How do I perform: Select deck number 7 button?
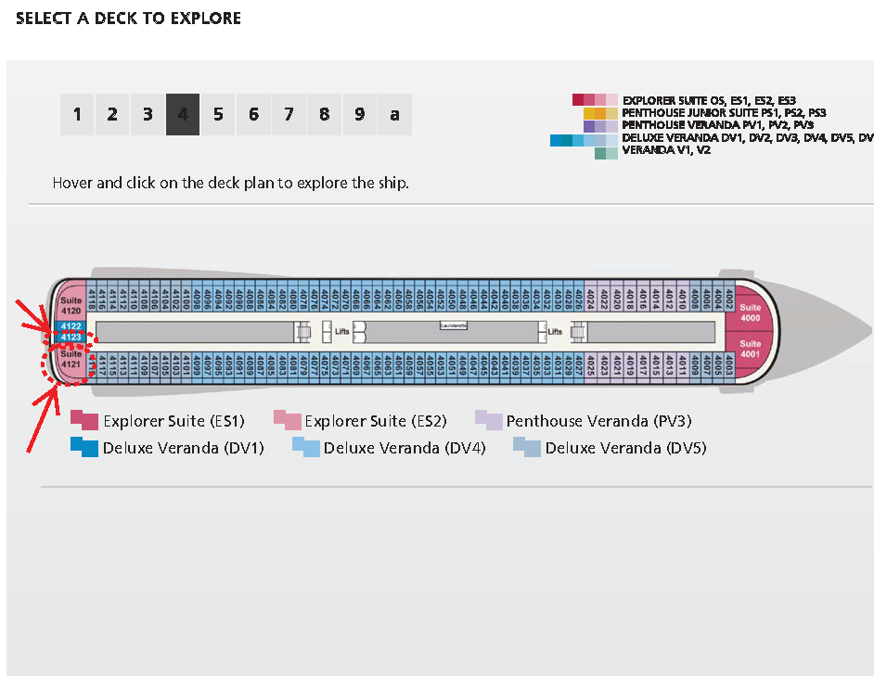pyautogui.click(x=289, y=115)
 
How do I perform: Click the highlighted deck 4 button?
pyautogui.click(x=183, y=115)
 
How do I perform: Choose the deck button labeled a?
pyautogui.click(x=394, y=115)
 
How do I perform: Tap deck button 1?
pyautogui.click(x=77, y=115)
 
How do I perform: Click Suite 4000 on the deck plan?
pyautogui.click(x=750, y=312)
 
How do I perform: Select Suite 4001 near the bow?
pyautogui.click(x=750, y=348)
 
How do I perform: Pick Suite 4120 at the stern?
pyautogui.click(x=71, y=306)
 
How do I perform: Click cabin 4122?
pyautogui.click(x=71, y=326)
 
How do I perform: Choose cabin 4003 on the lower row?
pyautogui.click(x=729, y=365)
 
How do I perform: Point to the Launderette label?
pyautogui.click(x=453, y=325)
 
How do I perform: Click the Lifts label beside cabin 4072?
pyautogui.click(x=341, y=331)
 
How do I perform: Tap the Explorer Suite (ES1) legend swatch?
pyautogui.click(x=84, y=421)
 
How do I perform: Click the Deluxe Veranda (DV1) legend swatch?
pyautogui.click(x=84, y=448)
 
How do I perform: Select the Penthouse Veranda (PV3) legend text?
pyautogui.click(x=598, y=421)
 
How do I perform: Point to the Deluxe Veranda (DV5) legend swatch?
pyautogui.click(x=527, y=448)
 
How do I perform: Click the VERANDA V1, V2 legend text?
pyautogui.click(x=666, y=149)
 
